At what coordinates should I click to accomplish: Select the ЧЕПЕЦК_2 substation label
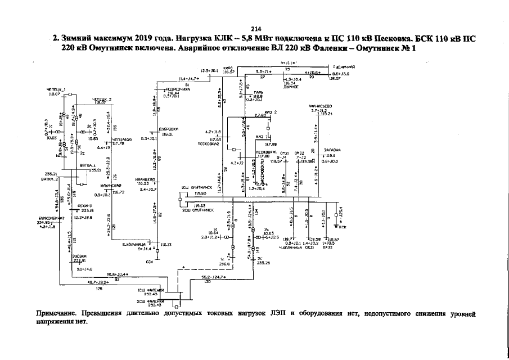click(x=102, y=100)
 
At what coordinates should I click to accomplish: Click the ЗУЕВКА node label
click(x=79, y=256)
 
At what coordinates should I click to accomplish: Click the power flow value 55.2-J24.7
click(x=214, y=277)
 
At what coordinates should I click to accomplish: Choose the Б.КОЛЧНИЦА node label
click(x=134, y=244)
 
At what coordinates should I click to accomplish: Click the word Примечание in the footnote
click(x=56, y=313)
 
